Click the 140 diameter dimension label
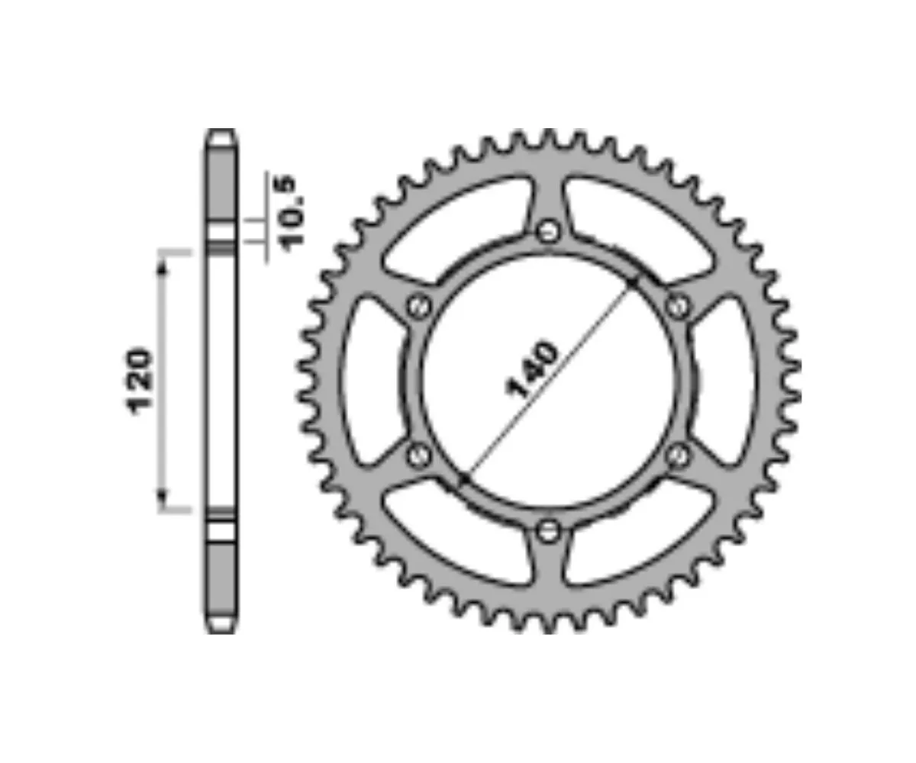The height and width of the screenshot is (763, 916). point(532,371)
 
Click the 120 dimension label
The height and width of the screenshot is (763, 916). point(140,381)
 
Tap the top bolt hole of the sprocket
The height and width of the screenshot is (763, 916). point(548,230)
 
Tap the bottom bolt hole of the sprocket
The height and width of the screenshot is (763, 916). point(548,531)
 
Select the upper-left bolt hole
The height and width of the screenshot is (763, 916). point(418,306)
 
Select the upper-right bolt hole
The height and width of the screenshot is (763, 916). point(677,306)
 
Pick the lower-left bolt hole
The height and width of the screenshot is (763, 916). point(418,456)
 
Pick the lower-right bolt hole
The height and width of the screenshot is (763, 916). point(677,456)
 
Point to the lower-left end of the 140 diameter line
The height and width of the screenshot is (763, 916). point(463,479)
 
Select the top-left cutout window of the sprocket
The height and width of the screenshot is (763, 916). point(450,229)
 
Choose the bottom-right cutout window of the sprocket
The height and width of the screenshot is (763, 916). point(645,534)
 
